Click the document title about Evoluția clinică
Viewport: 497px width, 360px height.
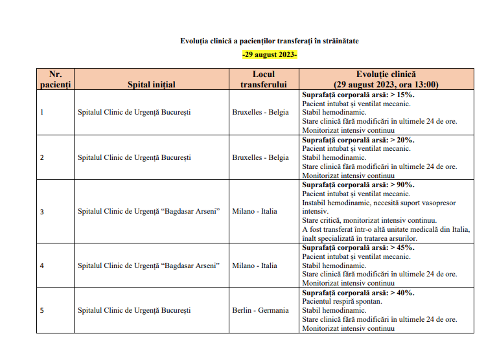click(269, 41)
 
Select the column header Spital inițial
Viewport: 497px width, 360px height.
click(152, 84)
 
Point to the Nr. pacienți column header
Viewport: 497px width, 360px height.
click(55, 80)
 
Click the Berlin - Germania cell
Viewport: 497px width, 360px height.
click(260, 310)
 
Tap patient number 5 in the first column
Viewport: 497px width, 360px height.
click(42, 310)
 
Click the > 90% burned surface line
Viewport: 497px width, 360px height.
click(358, 185)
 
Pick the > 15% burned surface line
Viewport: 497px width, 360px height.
click(358, 94)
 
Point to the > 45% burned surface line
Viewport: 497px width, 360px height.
click(358, 247)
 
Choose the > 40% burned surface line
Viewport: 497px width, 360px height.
click(358, 292)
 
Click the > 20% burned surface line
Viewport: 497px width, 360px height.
click(358, 139)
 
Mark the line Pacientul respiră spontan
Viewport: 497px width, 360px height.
click(343, 301)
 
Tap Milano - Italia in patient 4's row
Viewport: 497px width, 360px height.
click(255, 265)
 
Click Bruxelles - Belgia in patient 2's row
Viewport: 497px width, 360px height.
click(260, 157)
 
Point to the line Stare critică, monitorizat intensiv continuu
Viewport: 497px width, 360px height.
click(369, 220)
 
